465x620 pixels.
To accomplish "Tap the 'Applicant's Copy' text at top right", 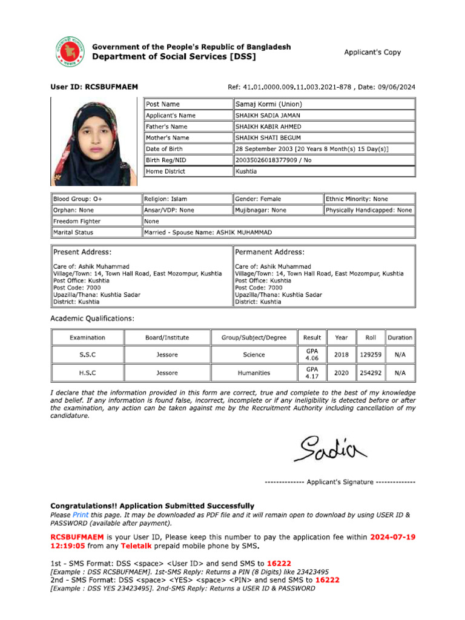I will coord(372,52).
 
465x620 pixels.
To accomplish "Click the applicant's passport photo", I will coord(94,142).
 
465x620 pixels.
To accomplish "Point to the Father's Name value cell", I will coord(325,127).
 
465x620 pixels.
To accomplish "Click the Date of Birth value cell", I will coord(325,149).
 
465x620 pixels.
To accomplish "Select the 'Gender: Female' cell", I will coord(277,199).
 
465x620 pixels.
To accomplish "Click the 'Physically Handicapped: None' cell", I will coord(369,210).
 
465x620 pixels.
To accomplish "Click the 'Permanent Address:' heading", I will coord(270,252).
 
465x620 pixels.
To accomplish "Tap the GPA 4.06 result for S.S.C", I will coord(312,355).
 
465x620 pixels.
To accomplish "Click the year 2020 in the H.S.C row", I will coord(341,374).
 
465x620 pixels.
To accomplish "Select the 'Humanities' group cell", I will coord(254,374).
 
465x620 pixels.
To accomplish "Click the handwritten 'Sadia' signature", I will coord(330,447).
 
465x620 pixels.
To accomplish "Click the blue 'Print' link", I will coord(81,515).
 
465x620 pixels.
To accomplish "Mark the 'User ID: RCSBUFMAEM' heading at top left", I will coord(94,87).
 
